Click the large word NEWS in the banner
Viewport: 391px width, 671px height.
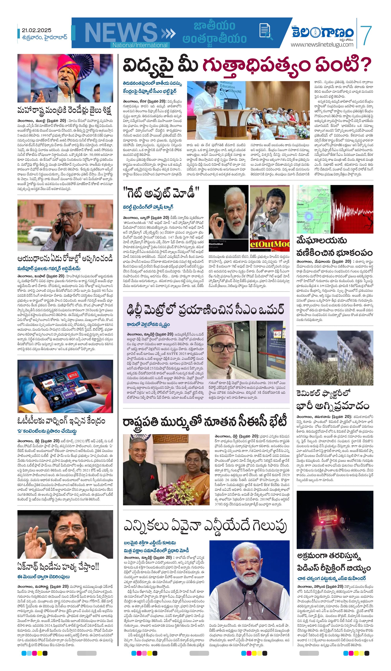point(121,33)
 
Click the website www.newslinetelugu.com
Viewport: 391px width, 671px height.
point(322,44)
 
